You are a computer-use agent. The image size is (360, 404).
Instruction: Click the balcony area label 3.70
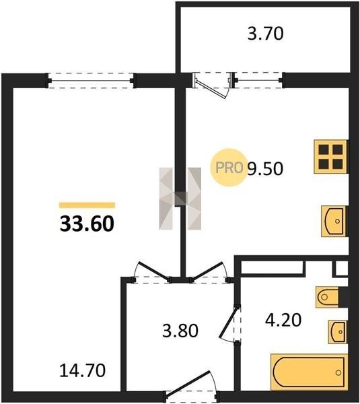(x=265, y=34)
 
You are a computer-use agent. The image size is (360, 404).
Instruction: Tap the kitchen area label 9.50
(x=265, y=168)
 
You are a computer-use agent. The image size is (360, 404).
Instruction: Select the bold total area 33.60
(x=87, y=224)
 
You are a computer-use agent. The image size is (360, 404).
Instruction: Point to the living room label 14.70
(x=82, y=370)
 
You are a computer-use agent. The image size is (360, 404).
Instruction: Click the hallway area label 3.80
(x=180, y=331)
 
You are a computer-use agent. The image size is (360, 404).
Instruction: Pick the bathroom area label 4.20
(x=283, y=320)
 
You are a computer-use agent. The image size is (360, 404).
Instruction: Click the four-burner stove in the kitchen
(x=330, y=157)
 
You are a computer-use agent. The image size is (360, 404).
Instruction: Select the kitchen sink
(x=334, y=221)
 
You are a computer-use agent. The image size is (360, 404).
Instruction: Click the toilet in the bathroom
(x=327, y=297)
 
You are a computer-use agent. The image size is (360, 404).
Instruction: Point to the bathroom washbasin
(x=338, y=332)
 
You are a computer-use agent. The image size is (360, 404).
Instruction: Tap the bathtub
(x=309, y=372)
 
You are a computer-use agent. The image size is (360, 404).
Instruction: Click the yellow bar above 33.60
(x=87, y=205)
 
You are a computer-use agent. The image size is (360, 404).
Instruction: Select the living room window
(x=90, y=81)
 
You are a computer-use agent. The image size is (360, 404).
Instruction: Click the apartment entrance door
(x=191, y=387)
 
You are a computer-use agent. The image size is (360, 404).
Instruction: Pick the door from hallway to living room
(x=152, y=273)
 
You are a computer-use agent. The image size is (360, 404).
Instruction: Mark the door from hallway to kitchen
(x=209, y=273)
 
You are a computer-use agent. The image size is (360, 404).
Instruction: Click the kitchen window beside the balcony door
(x=258, y=81)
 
